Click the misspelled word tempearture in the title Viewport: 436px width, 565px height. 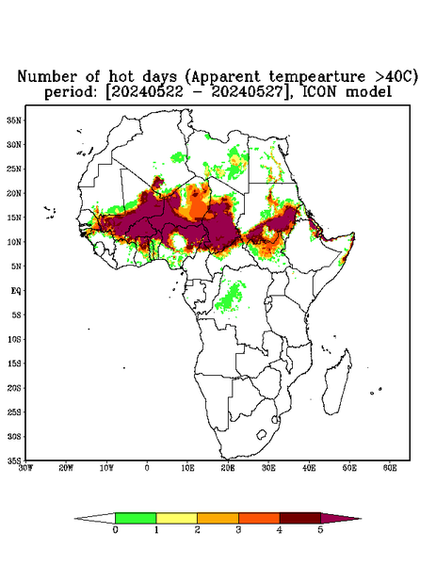pyautogui.click(x=312, y=76)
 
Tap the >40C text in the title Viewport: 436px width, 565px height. pyautogui.click(x=392, y=76)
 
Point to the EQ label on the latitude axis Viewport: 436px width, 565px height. pyautogui.click(x=16, y=290)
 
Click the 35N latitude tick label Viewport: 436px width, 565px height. pyautogui.click(x=14, y=120)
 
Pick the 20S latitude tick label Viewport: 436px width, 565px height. pyautogui.click(x=14, y=388)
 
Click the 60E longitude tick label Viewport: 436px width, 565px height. pyautogui.click(x=390, y=468)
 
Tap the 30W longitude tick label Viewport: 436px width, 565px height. pyautogui.click(x=25, y=468)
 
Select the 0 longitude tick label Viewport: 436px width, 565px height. pyautogui.click(x=147, y=468)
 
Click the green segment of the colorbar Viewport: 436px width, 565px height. pyautogui.click(x=136, y=518)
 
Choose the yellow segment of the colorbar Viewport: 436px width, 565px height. pyautogui.click(x=176, y=518)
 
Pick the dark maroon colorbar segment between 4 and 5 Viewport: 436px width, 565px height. pyautogui.click(x=300, y=518)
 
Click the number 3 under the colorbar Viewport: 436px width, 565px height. pyautogui.click(x=238, y=530)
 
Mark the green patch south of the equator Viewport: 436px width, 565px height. pyautogui.click(x=230, y=297)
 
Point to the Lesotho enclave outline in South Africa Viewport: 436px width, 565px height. pyautogui.click(x=262, y=434)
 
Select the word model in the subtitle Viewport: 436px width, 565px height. pyautogui.click(x=368, y=91)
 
